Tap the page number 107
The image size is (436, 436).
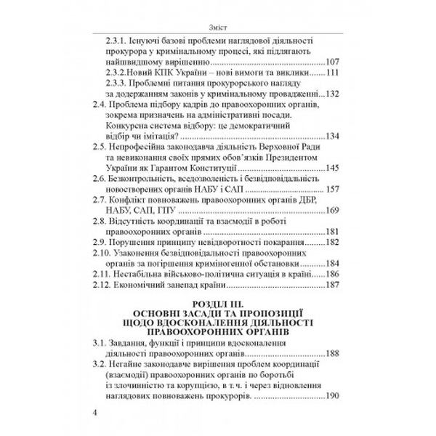click(334, 61)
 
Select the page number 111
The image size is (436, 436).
click(334, 74)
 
